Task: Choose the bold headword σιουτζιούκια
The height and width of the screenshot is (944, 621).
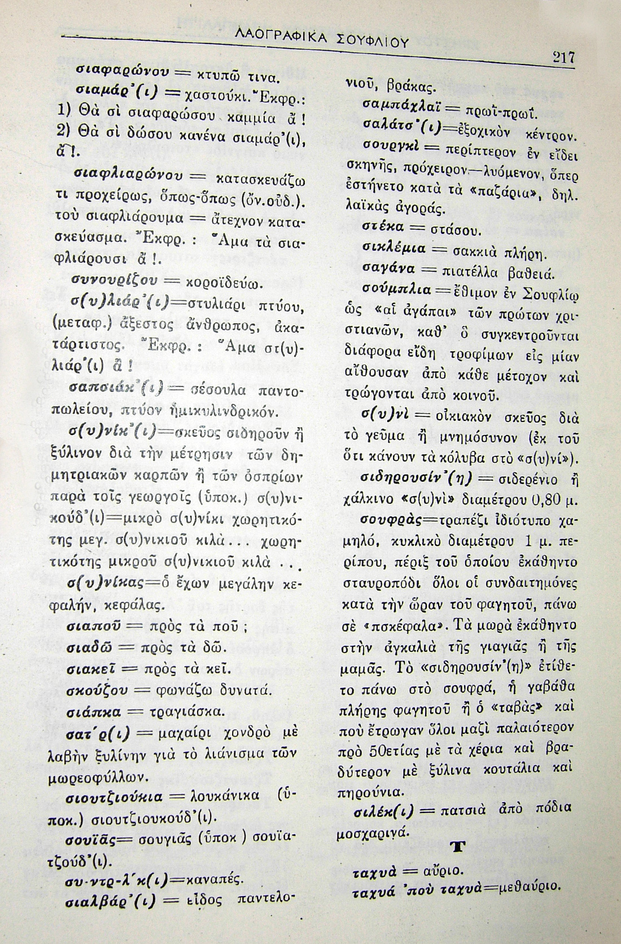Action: (115, 797)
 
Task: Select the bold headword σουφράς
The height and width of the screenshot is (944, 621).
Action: (391, 519)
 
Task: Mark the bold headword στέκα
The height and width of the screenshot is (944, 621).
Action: (380, 228)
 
